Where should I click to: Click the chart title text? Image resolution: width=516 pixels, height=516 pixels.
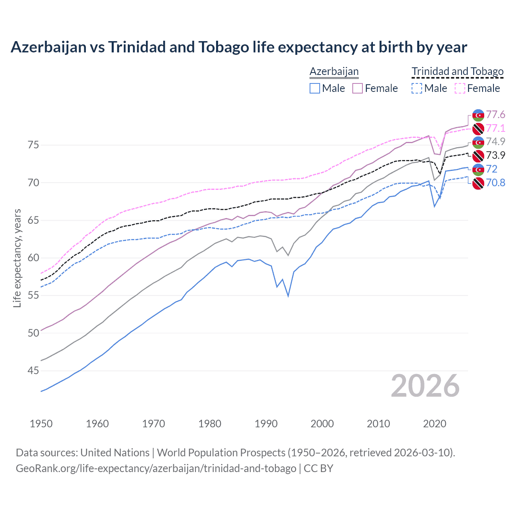click(239, 47)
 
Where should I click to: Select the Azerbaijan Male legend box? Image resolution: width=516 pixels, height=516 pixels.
click(315, 88)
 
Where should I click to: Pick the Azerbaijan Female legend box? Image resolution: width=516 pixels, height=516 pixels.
click(358, 88)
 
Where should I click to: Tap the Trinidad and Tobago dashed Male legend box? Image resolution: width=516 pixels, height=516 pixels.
click(417, 88)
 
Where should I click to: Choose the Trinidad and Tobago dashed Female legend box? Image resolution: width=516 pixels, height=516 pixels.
click(460, 88)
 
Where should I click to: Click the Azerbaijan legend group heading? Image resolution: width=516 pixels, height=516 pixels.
click(334, 71)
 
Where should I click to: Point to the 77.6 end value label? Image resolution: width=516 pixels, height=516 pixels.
click(495, 115)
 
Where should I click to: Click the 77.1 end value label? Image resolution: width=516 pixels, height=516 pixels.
click(495, 129)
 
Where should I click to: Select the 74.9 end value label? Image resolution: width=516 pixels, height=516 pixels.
click(495, 142)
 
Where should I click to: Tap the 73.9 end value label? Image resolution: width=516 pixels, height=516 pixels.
click(495, 156)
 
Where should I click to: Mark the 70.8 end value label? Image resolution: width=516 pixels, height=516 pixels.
click(495, 183)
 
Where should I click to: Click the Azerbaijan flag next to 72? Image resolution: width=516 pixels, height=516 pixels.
click(478, 169)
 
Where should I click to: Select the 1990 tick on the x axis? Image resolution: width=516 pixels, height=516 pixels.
click(266, 424)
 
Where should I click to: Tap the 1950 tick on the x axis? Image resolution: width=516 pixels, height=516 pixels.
click(41, 424)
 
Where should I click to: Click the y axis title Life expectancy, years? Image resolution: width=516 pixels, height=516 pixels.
click(17, 258)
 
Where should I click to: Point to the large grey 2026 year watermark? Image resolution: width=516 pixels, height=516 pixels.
click(425, 386)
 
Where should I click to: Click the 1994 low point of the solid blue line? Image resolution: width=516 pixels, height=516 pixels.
click(288, 296)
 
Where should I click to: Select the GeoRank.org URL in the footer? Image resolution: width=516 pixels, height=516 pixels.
click(156, 468)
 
